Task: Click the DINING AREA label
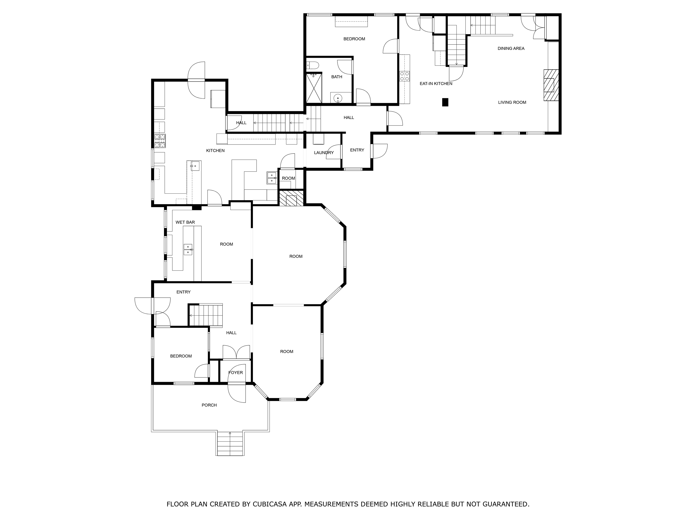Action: pos(511,49)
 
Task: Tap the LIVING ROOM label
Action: pos(512,102)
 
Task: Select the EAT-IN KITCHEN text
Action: pos(436,84)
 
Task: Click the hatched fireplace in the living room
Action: pos(551,85)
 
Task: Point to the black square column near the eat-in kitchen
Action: pos(445,102)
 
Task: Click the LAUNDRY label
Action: pos(324,153)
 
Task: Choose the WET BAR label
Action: pos(185,222)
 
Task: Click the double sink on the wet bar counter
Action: pos(188,249)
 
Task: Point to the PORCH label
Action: pos(209,405)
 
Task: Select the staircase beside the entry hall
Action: pos(206,315)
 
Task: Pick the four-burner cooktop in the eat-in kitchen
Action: pos(405,76)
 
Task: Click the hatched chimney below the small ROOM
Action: pos(291,198)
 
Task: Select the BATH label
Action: pos(336,77)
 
